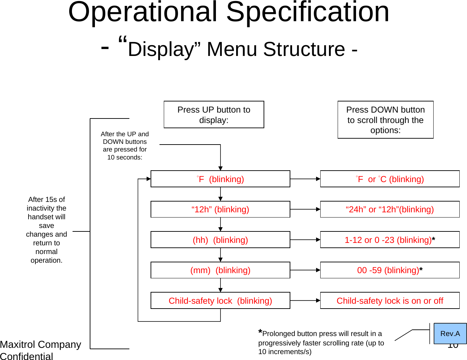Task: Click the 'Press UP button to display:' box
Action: coord(214,115)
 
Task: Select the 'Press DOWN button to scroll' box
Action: coord(385,120)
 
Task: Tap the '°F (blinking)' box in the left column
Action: coord(220,179)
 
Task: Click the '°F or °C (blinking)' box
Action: coord(389,179)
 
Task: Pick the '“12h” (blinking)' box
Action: coord(220,209)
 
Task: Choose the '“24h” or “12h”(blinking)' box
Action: coord(389,209)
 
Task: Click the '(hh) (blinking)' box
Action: coord(220,240)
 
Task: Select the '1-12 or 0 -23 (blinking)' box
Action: coord(389,240)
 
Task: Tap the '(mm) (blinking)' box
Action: coord(220,270)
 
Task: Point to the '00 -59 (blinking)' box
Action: coord(389,270)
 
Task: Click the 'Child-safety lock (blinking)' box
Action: coord(220,301)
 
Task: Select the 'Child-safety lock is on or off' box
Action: coord(389,301)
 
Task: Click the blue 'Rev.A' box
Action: coord(450,334)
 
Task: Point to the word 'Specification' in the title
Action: coord(308,12)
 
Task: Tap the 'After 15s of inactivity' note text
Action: coord(47,230)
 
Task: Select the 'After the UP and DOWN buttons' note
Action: coord(124,146)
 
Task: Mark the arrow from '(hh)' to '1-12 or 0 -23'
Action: coord(305,240)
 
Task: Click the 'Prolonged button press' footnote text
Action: coord(321,343)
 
